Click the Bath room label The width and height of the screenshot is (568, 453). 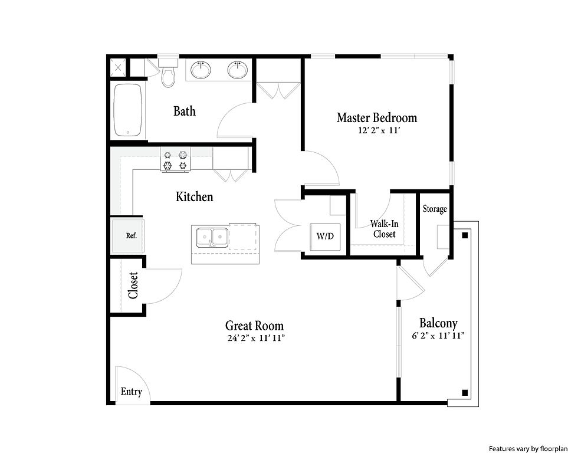click(185, 111)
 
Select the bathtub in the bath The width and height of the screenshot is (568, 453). click(127, 110)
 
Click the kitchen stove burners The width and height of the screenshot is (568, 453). click(175, 160)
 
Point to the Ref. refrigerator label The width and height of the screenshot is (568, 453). click(131, 235)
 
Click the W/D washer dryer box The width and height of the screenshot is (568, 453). click(326, 237)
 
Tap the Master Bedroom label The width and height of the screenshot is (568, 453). click(377, 117)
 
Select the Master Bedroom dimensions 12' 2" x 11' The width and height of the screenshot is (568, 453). click(379, 130)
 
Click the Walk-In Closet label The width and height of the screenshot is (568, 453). click(384, 229)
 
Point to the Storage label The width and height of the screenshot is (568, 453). click(435, 209)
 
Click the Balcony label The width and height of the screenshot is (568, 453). click(438, 323)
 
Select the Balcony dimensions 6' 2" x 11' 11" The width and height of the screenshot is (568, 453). click(438, 336)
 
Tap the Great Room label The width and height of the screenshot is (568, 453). click(254, 326)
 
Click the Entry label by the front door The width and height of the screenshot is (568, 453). click(131, 392)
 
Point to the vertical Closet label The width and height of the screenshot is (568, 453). click(133, 285)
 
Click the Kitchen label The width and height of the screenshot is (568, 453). click(195, 197)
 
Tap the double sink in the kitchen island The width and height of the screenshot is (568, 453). click(212, 238)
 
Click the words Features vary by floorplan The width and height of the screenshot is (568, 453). click(528, 448)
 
